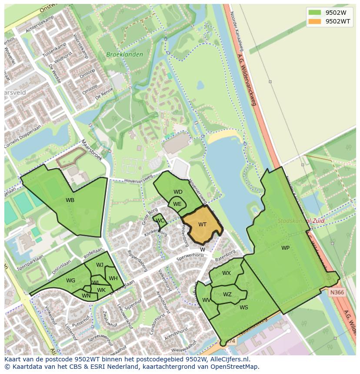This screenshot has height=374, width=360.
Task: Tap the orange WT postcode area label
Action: [202, 225]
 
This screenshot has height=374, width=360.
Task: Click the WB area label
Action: [70, 200]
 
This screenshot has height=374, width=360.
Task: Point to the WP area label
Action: [285, 248]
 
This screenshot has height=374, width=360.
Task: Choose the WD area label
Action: [178, 192]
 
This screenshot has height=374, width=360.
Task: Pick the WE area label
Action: [177, 204]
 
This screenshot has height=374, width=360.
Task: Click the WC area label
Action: [160, 221]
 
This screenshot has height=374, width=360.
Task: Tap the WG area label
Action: [71, 281]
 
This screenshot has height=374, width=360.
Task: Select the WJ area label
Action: [100, 265]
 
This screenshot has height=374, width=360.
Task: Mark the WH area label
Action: [113, 278]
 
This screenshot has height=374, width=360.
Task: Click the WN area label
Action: [86, 296]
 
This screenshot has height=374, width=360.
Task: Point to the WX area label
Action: [227, 273]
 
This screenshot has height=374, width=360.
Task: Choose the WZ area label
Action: [227, 294]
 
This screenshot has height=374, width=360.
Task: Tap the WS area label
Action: [244, 307]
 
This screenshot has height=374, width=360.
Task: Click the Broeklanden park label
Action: [118, 55]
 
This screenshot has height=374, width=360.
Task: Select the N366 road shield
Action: [337, 292]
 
